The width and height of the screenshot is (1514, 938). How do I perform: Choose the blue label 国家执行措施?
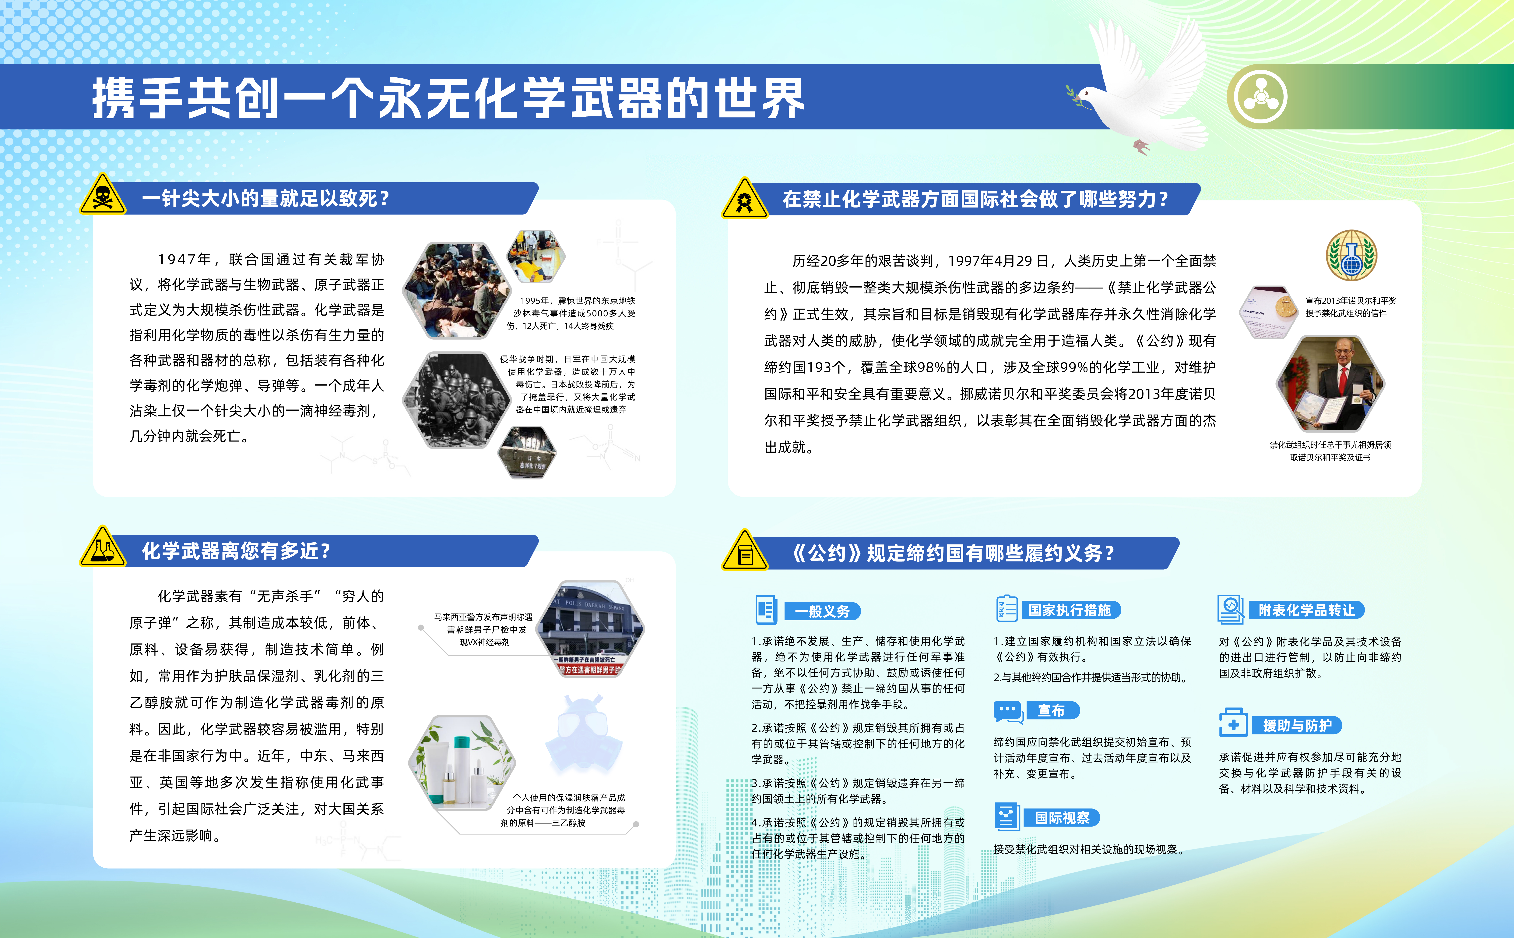(x=1070, y=610)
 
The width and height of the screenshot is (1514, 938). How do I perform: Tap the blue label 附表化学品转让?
(x=1307, y=610)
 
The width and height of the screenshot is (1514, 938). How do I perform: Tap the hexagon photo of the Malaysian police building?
(x=591, y=628)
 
